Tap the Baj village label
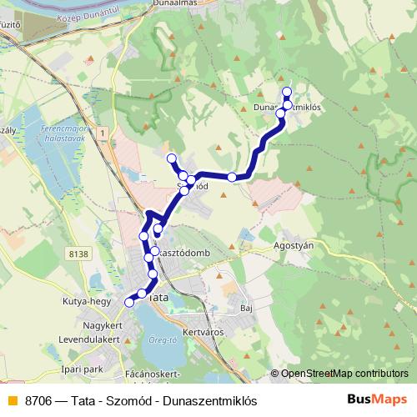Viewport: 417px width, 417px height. [x=245, y=308]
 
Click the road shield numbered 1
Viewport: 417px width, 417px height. [x=100, y=133]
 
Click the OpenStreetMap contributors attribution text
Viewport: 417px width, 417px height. [x=339, y=374]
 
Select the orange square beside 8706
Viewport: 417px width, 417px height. [x=12, y=400]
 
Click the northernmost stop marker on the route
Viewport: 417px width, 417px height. [x=287, y=92]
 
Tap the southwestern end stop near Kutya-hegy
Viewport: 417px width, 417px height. [x=129, y=302]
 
